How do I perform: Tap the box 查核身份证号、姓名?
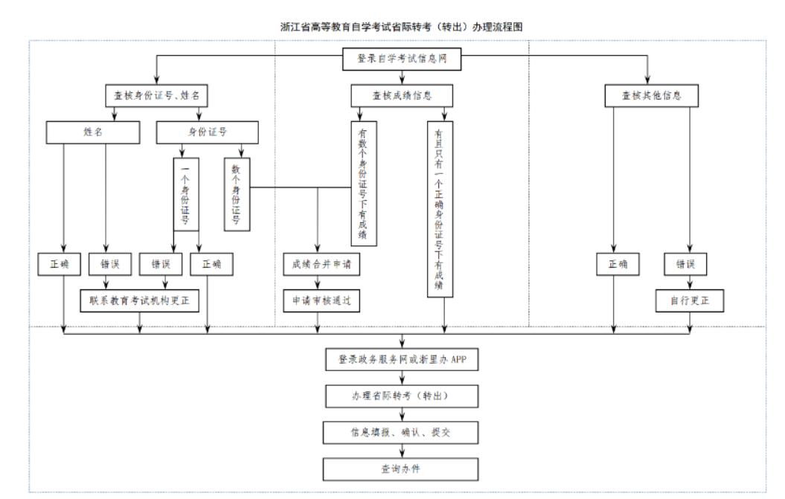(x=156, y=95)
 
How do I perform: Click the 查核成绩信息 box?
(x=402, y=95)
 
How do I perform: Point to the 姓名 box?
(x=92, y=132)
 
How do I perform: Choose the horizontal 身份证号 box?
(x=207, y=132)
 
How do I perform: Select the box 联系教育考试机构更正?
(x=141, y=300)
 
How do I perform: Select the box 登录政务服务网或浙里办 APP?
(x=402, y=360)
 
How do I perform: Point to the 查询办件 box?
(x=402, y=469)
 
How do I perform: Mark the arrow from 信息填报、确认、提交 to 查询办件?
(x=402, y=450)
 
